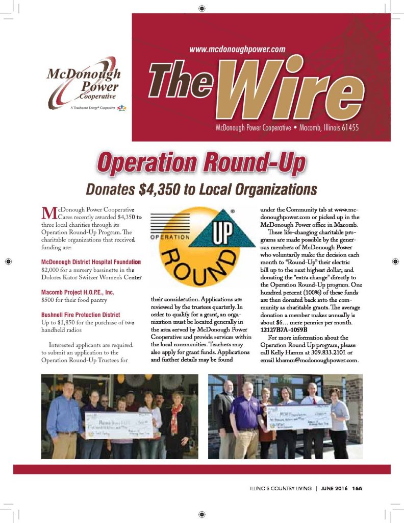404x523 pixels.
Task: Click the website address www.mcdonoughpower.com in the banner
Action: pos(237,50)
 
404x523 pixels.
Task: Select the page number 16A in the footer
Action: pos(357,488)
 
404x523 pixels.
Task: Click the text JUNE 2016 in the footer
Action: pos(335,488)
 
